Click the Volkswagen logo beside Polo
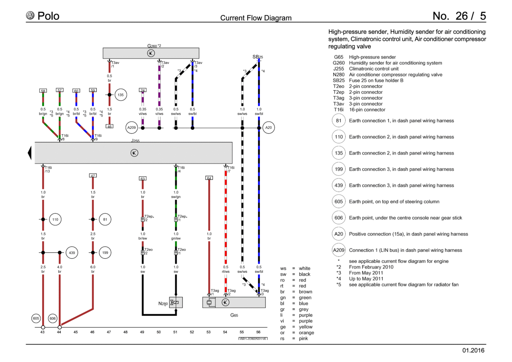coord(30,15)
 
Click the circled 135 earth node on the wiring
coord(120,95)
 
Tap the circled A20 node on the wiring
coord(268,128)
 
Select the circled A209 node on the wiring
coord(131,128)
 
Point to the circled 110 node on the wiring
coord(55,219)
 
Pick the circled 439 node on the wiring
coord(72,252)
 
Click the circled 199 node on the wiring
coord(105,252)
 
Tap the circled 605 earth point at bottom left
coord(36,318)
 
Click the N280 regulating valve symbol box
coord(176,302)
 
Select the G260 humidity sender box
coord(151,53)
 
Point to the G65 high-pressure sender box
coord(234,302)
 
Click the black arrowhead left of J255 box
coord(29,153)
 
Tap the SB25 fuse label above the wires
coord(258,57)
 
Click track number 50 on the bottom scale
coord(159,332)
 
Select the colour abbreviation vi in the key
coord(282,321)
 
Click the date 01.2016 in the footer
coord(473,350)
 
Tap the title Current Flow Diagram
coord(256,18)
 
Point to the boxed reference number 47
coord(93,175)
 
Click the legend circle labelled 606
coord(338,218)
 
